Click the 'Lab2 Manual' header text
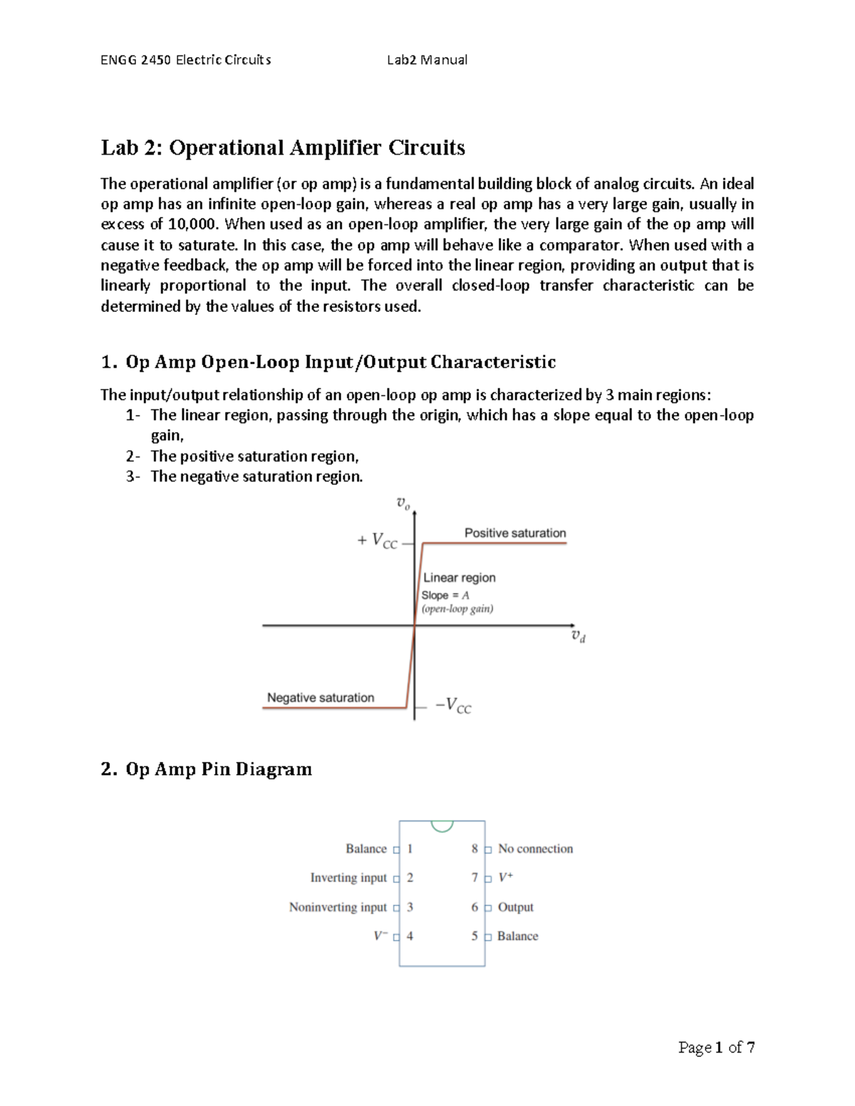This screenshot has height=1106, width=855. [x=427, y=60]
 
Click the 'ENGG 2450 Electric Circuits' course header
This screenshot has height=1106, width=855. [x=185, y=60]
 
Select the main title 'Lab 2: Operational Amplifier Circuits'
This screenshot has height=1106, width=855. [x=283, y=147]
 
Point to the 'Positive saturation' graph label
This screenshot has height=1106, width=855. [x=514, y=533]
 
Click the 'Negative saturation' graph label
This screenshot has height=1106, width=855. [x=320, y=698]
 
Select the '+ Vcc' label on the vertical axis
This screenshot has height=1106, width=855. [x=377, y=541]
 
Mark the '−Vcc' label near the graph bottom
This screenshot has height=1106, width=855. [x=453, y=705]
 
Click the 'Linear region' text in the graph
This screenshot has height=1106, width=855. [x=459, y=578]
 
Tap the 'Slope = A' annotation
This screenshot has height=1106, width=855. [x=445, y=595]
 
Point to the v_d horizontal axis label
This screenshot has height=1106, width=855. [x=578, y=636]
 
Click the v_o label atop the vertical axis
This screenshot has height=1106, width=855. [x=403, y=504]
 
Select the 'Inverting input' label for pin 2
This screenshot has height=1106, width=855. [x=348, y=878]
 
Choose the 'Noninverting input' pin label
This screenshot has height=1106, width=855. [x=338, y=907]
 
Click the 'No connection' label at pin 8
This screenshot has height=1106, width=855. [x=535, y=849]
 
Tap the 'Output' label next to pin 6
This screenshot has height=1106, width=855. [x=515, y=907]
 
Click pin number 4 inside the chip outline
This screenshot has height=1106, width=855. [x=410, y=937]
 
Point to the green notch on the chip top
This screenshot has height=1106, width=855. [x=442, y=825]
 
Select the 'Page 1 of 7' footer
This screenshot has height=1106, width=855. [x=716, y=1047]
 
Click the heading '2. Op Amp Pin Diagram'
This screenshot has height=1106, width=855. [x=206, y=769]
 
